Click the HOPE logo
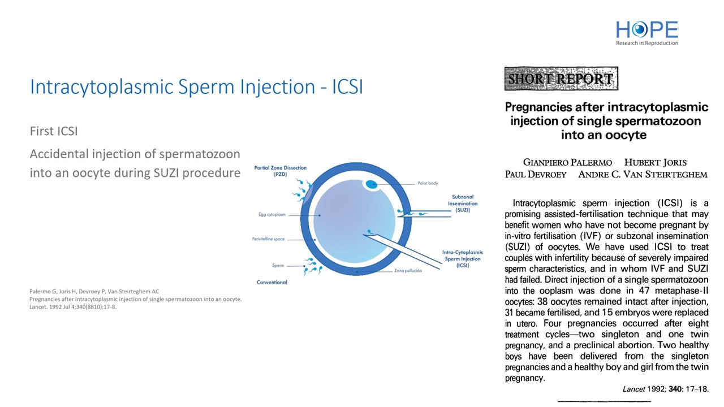coord(647,33)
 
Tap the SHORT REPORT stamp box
coord(561,79)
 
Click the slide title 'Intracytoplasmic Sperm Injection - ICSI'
coord(196,86)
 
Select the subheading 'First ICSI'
coord(54,131)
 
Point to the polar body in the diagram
coord(371,184)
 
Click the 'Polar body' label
coord(428,183)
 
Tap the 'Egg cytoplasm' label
coord(272,214)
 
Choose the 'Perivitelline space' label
coord(268,239)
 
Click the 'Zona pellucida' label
coord(408,271)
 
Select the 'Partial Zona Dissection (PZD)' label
coord(280,171)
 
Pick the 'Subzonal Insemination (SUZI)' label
coord(463,203)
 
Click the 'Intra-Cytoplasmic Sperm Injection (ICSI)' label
coord(463,259)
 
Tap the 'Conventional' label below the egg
coord(272,282)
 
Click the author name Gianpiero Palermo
coord(567,162)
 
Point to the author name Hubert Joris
coord(655,162)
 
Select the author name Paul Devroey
coord(536,175)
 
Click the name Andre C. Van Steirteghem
coord(643,175)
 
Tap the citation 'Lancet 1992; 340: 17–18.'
coord(666,389)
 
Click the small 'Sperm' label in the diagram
coord(278,266)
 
